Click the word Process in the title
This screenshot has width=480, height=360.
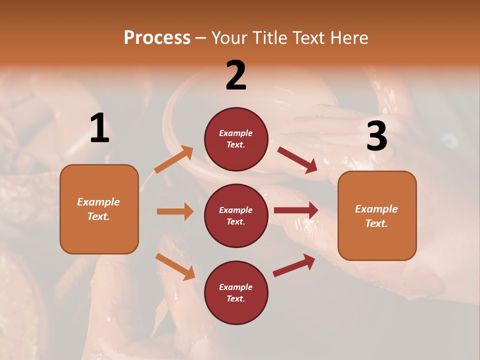157,37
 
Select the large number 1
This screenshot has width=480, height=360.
99,128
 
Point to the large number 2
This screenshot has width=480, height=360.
236,75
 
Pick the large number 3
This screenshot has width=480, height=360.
376,136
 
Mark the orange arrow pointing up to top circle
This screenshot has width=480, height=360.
173,159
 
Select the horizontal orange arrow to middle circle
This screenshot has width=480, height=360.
175,211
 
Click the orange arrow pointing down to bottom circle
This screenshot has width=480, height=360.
175,266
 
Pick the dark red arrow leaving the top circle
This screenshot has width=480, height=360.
297,160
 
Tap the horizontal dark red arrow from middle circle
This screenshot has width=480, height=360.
296,210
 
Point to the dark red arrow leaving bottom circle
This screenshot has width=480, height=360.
294,265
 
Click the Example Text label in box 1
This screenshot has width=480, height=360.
98,209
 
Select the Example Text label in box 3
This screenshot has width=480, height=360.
376,216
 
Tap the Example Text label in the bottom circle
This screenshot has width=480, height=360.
236,292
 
